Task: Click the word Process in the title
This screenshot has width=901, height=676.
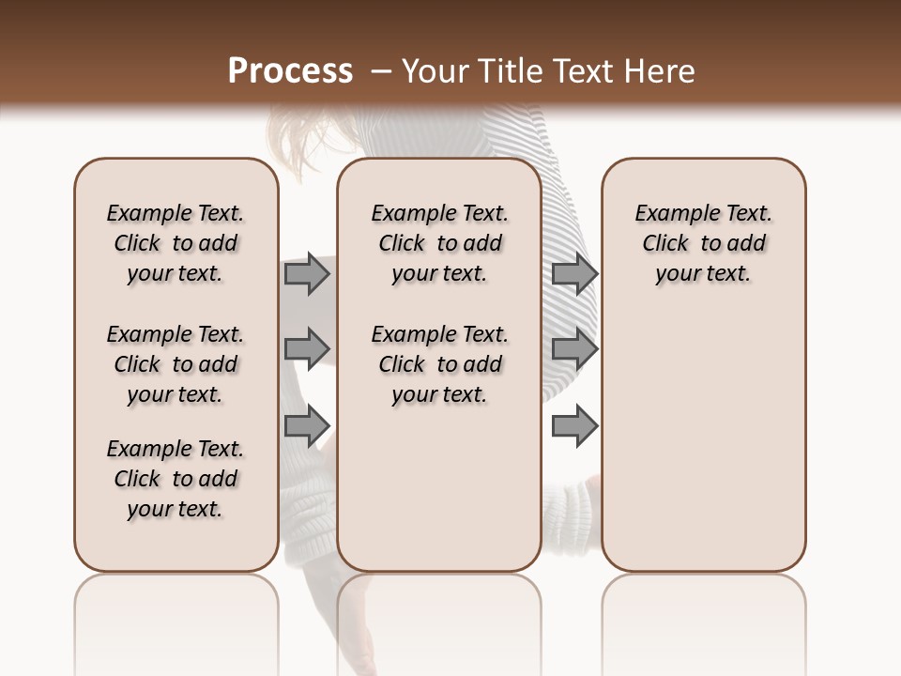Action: click(x=290, y=71)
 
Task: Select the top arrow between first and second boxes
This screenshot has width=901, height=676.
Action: click(x=307, y=273)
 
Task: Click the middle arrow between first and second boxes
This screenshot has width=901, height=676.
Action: click(x=307, y=348)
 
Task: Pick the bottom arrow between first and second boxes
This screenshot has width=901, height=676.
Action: click(x=307, y=425)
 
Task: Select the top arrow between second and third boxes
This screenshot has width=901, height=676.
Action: click(x=574, y=273)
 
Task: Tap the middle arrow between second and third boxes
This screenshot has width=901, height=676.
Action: click(x=574, y=348)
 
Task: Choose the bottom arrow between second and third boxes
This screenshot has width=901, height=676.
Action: click(x=574, y=425)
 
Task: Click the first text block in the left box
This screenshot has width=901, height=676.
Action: click(x=175, y=243)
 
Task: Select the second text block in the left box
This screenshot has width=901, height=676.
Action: click(x=175, y=364)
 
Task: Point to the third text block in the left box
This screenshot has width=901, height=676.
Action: click(x=175, y=479)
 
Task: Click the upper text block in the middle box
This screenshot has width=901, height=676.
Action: click(x=439, y=243)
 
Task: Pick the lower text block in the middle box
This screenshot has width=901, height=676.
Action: click(x=439, y=364)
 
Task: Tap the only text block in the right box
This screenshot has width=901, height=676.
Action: click(x=703, y=243)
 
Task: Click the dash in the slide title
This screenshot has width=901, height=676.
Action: click(x=381, y=71)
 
